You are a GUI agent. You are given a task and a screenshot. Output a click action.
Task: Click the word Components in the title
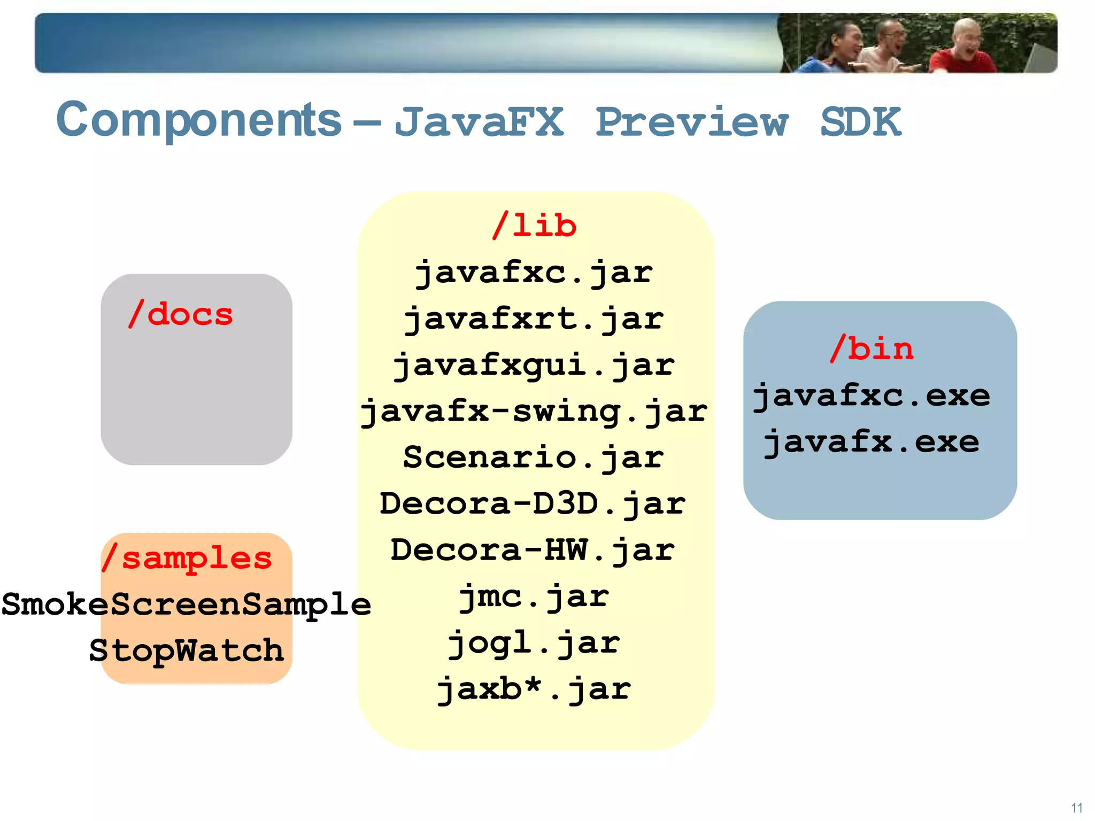198,120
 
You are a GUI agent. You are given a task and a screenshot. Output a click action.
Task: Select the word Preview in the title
692,122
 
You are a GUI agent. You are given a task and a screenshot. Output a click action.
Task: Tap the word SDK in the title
860,122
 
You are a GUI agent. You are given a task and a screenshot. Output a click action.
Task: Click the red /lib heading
535,225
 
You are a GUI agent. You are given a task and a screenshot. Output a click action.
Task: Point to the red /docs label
181,314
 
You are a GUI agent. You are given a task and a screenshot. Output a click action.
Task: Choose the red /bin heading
872,348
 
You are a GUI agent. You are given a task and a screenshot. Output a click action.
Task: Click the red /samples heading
187,558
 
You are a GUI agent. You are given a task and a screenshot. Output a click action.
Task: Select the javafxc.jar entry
534,273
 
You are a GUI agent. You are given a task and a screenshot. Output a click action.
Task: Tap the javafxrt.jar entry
534,319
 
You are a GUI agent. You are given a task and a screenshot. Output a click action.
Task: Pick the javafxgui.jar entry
534,366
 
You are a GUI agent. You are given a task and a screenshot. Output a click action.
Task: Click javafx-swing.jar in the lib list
534,412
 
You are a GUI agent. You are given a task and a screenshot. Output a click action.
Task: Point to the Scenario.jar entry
534,458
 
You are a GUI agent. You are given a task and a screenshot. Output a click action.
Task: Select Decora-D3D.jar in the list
533,504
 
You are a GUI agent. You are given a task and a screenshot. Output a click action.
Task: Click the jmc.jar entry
534,597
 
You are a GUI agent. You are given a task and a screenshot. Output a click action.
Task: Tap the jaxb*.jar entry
534,689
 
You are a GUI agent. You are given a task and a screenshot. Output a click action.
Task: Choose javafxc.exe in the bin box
872,396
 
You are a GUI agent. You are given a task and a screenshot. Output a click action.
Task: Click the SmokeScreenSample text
186,605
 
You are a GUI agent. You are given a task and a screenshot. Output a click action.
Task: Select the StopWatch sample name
186,650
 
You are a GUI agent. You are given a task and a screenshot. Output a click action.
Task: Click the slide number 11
1077,808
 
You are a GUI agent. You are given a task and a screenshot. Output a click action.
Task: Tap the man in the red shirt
962,51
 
